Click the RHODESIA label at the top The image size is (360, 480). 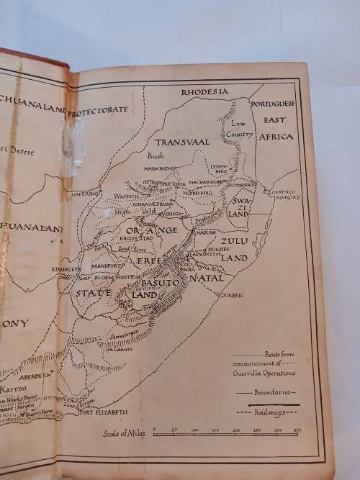[x=204, y=91]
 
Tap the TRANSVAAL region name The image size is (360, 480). [x=182, y=142]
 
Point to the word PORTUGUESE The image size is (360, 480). [x=276, y=104]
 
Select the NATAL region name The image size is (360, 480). [x=207, y=277]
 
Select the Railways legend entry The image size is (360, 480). [x=267, y=413]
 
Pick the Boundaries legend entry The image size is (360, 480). [x=266, y=392]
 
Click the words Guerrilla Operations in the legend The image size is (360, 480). [x=264, y=372]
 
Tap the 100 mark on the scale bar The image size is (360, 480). [x=194, y=430]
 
